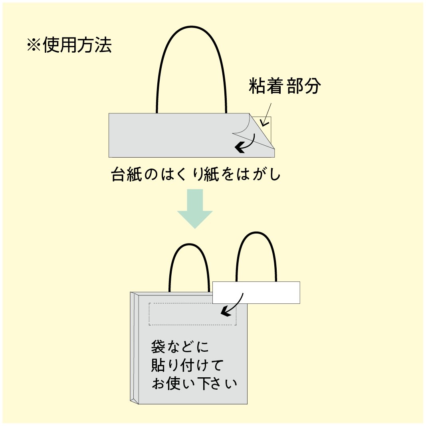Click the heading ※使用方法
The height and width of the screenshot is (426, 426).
pyautogui.click(x=69, y=45)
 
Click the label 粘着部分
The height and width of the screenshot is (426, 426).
pyautogui.click(x=284, y=86)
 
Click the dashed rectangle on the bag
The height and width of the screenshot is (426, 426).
pyautogui.click(x=192, y=314)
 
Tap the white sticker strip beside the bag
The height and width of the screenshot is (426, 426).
pyautogui.click(x=256, y=293)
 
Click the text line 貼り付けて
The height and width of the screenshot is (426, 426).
pyautogui.click(x=187, y=365)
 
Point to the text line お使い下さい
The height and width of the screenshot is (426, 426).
pyautogui.click(x=194, y=383)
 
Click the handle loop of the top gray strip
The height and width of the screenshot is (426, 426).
pyautogui.click(x=192, y=27)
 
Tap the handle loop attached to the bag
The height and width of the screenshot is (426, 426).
pyautogui.click(x=189, y=244)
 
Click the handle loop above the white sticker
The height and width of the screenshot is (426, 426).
pyautogui.click(x=256, y=232)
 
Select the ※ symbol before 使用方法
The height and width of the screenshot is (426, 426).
pyautogui.click(x=34, y=45)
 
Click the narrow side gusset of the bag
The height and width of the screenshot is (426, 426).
pyautogui.click(x=134, y=348)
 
